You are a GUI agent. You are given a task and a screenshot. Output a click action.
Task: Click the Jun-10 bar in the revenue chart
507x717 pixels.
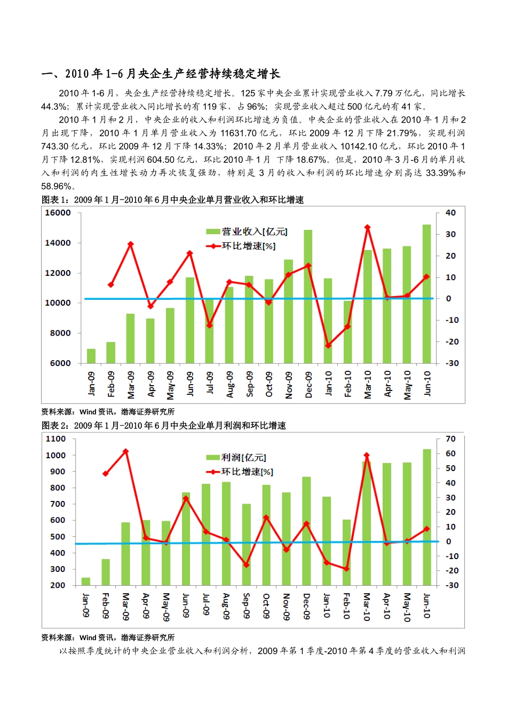coord(426,293)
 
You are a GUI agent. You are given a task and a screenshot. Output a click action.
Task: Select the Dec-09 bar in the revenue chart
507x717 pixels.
coord(308,296)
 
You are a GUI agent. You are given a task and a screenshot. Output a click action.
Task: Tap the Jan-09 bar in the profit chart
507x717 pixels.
coord(85,581)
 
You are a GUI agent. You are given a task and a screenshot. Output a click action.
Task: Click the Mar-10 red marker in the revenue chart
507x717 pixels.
coord(367,227)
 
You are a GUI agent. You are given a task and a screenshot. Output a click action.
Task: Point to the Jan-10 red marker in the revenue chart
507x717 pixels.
coord(328,346)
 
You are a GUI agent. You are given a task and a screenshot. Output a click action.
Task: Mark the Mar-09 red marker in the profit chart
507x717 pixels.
coord(126,451)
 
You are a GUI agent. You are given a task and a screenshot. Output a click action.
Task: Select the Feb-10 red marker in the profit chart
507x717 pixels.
coord(346,569)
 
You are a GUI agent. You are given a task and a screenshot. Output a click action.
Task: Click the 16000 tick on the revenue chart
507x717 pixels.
coord(58,213)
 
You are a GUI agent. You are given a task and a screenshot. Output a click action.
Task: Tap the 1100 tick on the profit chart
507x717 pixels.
coord(56,439)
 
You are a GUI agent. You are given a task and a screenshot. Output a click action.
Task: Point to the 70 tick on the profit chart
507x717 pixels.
coord(451,439)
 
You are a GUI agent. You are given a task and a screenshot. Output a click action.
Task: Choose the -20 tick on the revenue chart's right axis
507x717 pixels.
coord(451,341)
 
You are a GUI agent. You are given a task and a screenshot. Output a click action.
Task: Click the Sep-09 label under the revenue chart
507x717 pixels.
coord(250,384)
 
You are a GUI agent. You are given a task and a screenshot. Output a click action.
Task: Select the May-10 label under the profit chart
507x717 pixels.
coord(407,607)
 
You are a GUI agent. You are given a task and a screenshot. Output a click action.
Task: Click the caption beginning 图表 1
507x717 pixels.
coord(172,200)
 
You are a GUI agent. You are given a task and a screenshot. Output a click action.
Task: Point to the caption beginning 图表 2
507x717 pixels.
coord(163,426)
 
